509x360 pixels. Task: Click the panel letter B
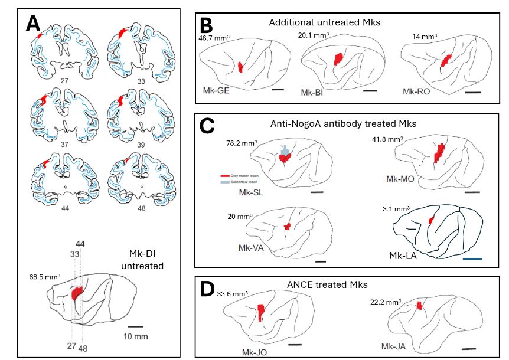pyautogui.click(x=206, y=24)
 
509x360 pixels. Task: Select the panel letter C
pyautogui.click(x=207, y=126)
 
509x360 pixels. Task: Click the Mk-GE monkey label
pyautogui.click(x=213, y=92)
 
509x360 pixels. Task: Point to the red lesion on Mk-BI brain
pyautogui.click(x=338, y=59)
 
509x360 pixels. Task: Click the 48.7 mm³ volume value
pyautogui.click(x=214, y=37)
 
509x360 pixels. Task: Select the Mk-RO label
pyautogui.click(x=415, y=92)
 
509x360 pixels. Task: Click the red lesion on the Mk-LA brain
pyautogui.click(x=431, y=221)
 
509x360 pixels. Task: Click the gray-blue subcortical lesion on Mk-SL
pyautogui.click(x=285, y=151)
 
